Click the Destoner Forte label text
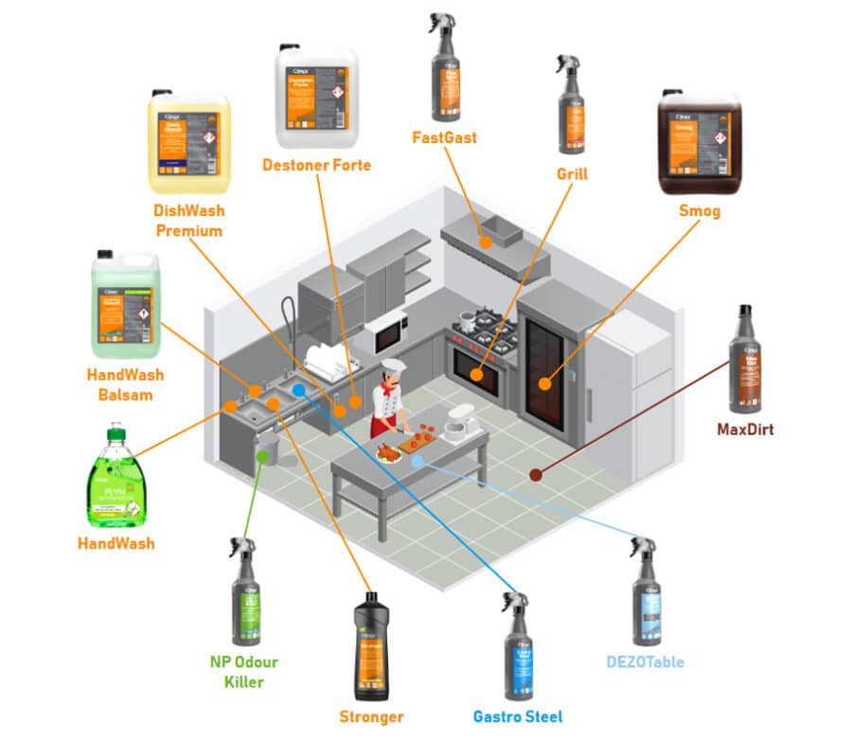[x=316, y=166]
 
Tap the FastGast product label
[x=444, y=137]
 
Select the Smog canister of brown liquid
[x=699, y=142]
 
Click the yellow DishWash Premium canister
[x=188, y=143]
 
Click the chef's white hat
[x=392, y=367]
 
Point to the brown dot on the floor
[x=536, y=475]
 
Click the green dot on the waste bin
[x=262, y=456]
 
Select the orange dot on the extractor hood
[x=486, y=243]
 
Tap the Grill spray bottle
[x=571, y=110]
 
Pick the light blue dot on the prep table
[x=417, y=460]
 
